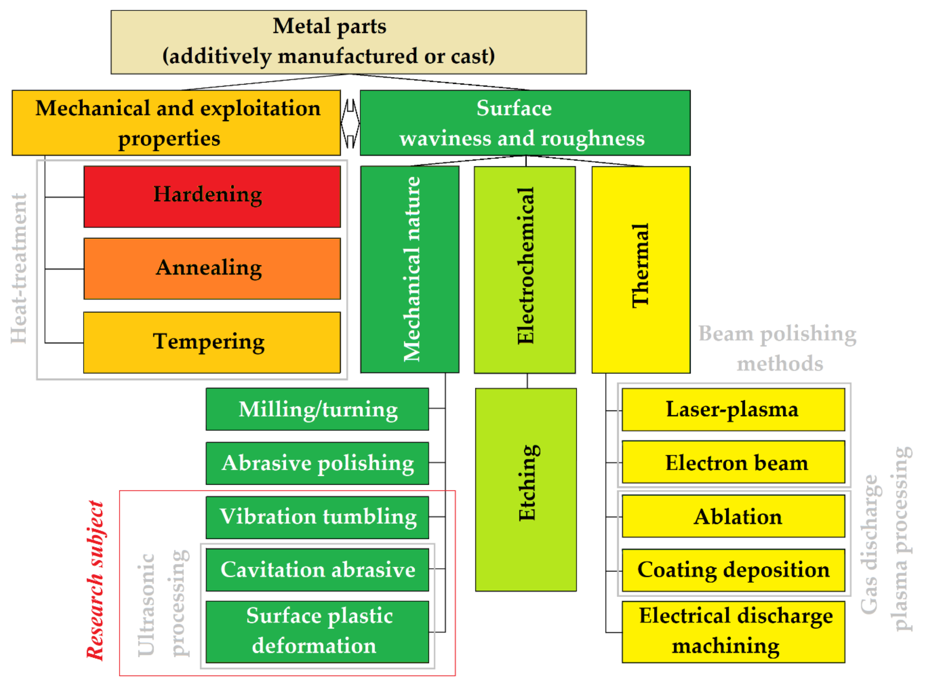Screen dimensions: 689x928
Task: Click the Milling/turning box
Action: coord(317,409)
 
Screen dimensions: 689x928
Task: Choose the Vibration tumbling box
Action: coord(317,518)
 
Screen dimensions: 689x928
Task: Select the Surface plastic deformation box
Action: coord(317,632)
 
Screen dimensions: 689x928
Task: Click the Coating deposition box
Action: coord(733,570)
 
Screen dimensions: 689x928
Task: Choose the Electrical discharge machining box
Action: coord(733,632)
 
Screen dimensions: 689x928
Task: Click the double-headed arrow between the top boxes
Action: coord(350,123)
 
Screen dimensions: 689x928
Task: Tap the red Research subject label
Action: coord(95,581)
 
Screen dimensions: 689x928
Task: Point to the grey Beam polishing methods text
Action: coord(778,349)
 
